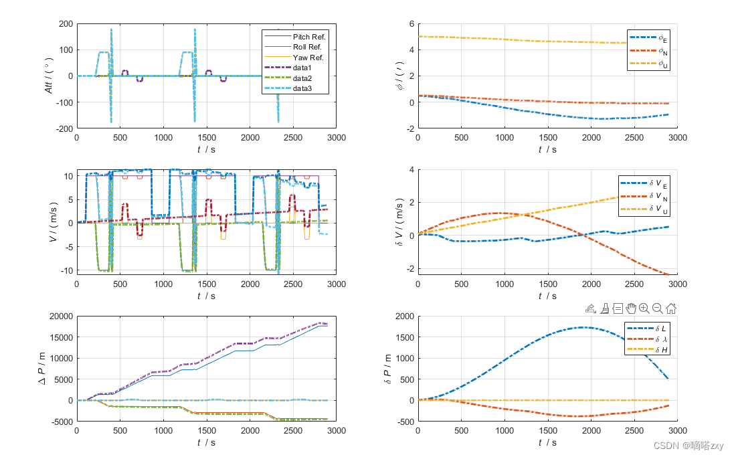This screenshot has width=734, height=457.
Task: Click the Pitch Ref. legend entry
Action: coord(295,37)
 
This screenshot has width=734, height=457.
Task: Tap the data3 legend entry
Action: coord(288,88)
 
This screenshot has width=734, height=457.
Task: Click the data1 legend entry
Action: coord(288,68)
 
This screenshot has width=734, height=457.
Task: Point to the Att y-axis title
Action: coord(49,76)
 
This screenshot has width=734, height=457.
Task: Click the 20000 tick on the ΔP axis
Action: coord(62,316)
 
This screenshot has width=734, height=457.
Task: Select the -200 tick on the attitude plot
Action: coord(65,128)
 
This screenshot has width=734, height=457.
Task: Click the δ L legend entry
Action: coord(647,329)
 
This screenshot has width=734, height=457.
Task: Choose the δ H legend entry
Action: coord(647,350)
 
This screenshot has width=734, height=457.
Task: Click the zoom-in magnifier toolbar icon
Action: coord(644,308)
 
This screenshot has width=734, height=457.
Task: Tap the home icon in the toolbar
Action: coord(671,308)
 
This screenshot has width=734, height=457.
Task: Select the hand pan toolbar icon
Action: coord(631,308)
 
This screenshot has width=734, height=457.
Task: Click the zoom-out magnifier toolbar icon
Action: coord(657,308)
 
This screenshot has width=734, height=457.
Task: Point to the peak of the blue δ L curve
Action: coord(581,327)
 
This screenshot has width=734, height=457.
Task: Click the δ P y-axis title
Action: coord(387,369)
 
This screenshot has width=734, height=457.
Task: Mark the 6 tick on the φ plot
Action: coord(411,24)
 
